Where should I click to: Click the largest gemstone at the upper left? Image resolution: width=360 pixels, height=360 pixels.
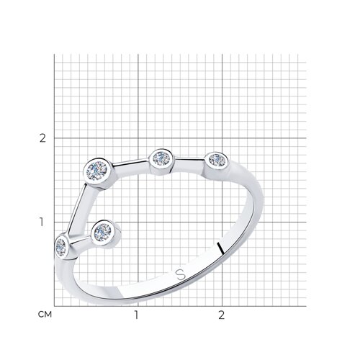(96, 171)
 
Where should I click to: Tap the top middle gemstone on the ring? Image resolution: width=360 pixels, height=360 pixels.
(161, 158)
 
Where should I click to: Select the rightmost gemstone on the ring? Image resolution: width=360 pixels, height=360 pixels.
(217, 159)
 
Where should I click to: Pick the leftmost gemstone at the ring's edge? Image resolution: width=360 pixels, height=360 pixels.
(60, 247)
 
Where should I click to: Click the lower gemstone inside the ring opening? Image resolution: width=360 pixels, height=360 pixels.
(103, 232)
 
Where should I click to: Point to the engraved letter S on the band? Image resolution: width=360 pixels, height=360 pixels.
(181, 274)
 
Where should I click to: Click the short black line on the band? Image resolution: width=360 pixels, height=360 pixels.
(220, 248)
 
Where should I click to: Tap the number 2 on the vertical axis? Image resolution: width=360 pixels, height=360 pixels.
(42, 138)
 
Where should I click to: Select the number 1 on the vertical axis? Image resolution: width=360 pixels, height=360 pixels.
(42, 222)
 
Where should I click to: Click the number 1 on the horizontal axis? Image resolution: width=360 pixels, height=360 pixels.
(136, 315)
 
